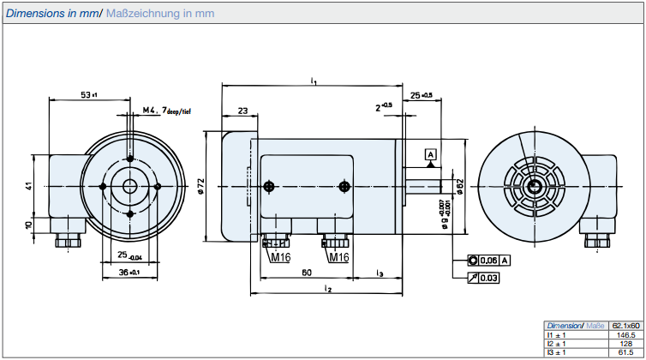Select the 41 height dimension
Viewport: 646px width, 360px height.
coord(28,186)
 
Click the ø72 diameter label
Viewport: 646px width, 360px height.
coord(200,185)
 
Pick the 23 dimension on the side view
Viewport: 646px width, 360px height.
coord(242,111)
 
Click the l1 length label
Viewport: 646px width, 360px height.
coord(314,81)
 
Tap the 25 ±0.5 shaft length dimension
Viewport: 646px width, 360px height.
coord(422,94)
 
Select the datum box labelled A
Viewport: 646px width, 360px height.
coord(431,154)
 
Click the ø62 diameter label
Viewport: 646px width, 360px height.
coord(460,186)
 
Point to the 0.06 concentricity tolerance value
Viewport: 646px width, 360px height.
coord(488,260)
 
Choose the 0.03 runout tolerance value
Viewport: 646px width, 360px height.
coord(488,277)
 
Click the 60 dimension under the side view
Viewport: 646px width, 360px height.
coord(306,273)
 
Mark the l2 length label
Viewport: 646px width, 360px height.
coord(328,290)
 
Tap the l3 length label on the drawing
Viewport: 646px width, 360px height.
coord(379,273)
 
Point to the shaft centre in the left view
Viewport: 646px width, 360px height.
coord(129,186)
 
